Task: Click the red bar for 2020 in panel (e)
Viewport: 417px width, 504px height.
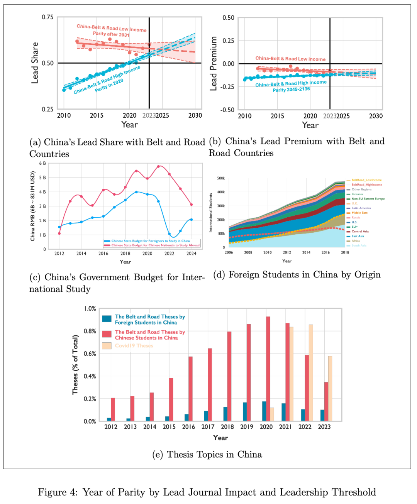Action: pos(268,369)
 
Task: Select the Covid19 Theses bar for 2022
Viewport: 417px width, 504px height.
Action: pos(311,372)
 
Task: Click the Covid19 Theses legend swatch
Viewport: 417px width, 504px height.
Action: pos(107,346)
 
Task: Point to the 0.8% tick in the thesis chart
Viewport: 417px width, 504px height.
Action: pos(90,331)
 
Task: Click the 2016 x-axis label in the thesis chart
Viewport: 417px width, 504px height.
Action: pos(188,427)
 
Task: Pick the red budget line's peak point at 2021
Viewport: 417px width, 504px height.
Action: pos(158,166)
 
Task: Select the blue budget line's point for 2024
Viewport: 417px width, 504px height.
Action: pos(191,220)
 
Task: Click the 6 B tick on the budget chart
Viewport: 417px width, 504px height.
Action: pos(42,163)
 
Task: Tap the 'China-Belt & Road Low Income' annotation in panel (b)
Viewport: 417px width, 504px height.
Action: pos(290,59)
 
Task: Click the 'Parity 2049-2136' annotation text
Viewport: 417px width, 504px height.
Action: pos(291,90)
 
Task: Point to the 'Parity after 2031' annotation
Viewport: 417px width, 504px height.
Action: pos(111,34)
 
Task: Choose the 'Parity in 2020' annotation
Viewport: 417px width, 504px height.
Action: pos(109,85)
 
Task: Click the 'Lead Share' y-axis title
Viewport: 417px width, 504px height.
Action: pos(35,63)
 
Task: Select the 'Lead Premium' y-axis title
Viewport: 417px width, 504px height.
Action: pos(213,64)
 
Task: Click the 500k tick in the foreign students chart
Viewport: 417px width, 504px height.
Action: pos(221,178)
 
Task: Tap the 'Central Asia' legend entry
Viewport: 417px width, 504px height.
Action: pos(360,232)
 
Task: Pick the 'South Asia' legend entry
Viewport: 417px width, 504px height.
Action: pos(359,245)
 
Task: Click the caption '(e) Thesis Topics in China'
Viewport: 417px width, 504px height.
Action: pos(207,455)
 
